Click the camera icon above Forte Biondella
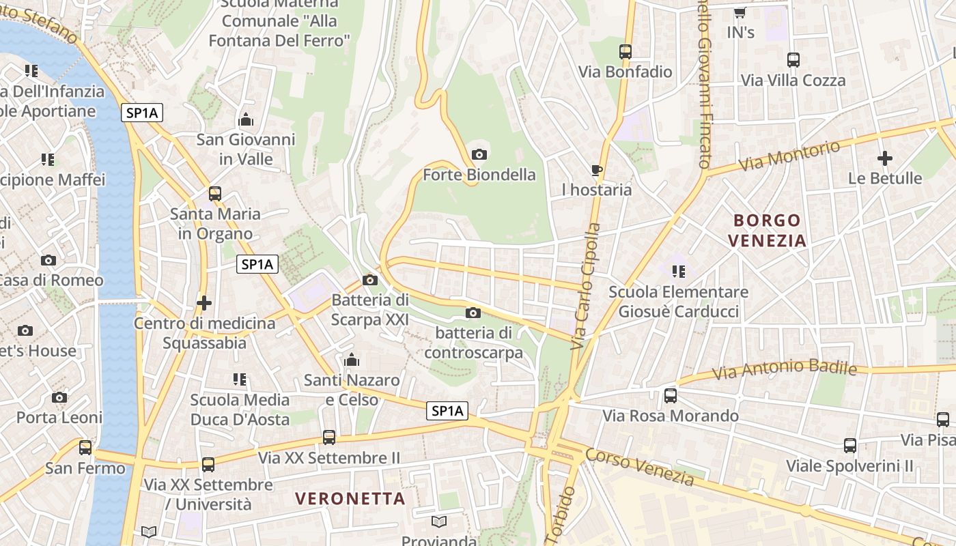click(x=479, y=154)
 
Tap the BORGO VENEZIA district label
click(x=767, y=230)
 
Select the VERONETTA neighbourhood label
click(x=350, y=498)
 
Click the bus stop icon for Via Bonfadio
click(x=625, y=51)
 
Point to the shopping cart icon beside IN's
click(x=740, y=12)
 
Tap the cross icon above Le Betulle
click(x=884, y=158)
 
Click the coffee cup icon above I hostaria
click(x=597, y=170)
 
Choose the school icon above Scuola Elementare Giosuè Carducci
click(x=678, y=272)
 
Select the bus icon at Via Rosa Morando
click(x=671, y=395)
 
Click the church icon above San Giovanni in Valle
click(x=246, y=120)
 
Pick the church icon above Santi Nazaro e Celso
click(x=352, y=359)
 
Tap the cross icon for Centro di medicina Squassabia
click(x=203, y=302)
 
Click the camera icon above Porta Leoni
click(x=59, y=397)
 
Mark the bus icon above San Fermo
click(x=85, y=448)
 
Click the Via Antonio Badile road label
click(x=784, y=370)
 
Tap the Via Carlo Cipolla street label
click(x=586, y=287)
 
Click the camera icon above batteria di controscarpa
click(x=473, y=313)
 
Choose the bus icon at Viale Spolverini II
click(x=850, y=446)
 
